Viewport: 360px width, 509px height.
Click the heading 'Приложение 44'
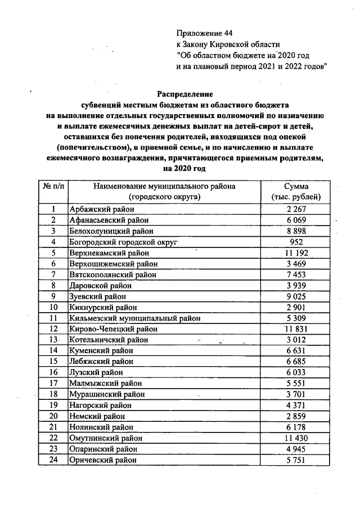pos(204,33)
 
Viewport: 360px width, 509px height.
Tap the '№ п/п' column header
pos(53,187)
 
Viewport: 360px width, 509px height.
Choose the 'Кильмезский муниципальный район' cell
pos(130,318)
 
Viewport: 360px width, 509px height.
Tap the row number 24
pos(53,460)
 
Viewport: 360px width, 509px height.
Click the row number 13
pos(53,340)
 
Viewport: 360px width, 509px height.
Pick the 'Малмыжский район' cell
pos(103,384)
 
